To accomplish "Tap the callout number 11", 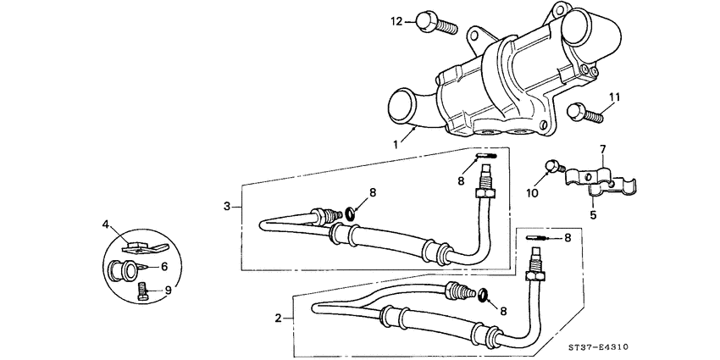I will (614, 98).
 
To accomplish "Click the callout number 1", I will (395, 145).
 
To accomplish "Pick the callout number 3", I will (227, 206).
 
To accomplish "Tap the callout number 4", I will (107, 224).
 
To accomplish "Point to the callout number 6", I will (164, 267).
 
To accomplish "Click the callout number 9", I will (168, 291).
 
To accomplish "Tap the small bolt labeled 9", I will (142, 293).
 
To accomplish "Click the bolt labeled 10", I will (552, 167).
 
